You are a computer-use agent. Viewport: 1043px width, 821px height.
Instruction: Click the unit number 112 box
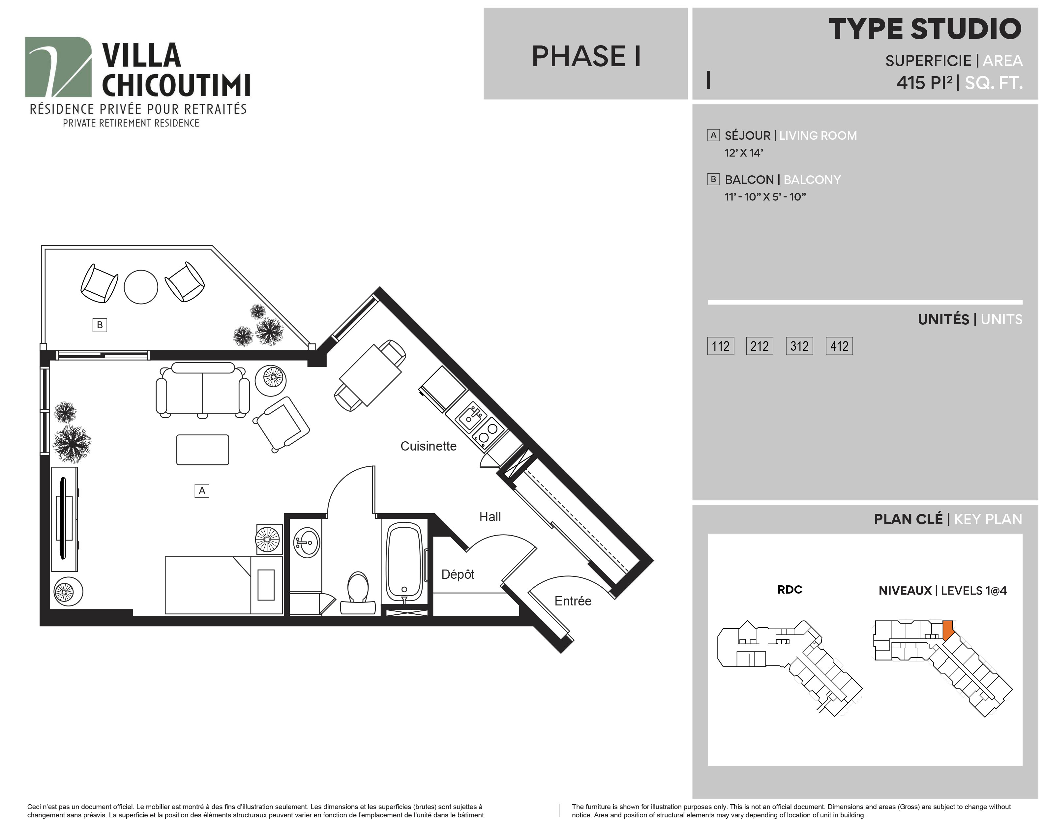(x=721, y=346)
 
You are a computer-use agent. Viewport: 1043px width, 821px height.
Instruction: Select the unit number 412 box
(x=839, y=346)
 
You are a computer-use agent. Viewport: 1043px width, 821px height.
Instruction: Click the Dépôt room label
(x=458, y=574)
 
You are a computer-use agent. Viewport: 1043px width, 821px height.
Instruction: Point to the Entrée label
(x=573, y=601)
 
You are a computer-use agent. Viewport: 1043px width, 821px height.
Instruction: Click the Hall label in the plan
(x=490, y=517)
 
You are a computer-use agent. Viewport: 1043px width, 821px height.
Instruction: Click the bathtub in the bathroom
(x=405, y=562)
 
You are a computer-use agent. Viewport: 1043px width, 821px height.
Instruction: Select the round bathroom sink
(x=306, y=543)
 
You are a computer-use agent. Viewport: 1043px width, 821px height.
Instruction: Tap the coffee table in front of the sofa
(x=202, y=450)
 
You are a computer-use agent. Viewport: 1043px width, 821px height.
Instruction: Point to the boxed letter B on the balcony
(x=100, y=325)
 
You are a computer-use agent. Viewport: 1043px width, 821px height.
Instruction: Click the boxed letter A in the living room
(x=202, y=491)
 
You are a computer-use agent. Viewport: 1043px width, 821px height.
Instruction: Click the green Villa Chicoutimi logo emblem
(x=58, y=67)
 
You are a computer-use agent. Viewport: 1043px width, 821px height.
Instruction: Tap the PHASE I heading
(x=586, y=56)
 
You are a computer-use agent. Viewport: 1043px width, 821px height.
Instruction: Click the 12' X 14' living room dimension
(x=744, y=153)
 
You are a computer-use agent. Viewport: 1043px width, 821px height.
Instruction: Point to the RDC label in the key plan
(x=790, y=589)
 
